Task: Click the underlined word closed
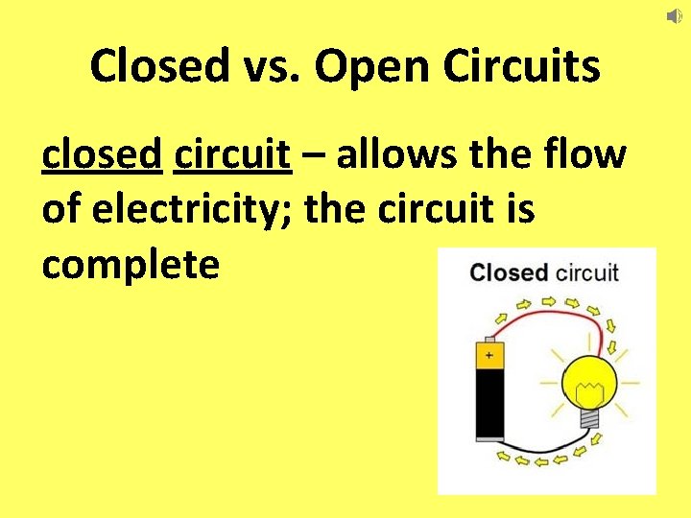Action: coord(101,153)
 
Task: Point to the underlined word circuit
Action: coord(232,153)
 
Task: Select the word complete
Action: coord(131,265)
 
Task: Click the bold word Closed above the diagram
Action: coord(509,272)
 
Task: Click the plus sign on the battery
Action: coord(489,356)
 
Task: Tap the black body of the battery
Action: coord(489,403)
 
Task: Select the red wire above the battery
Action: coord(547,318)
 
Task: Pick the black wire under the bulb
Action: coord(547,447)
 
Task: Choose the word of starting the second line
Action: coord(62,209)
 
